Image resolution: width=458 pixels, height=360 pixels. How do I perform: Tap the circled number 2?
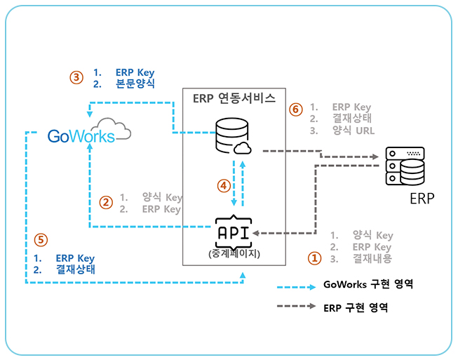click(106, 203)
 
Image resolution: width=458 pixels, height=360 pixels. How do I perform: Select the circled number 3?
click(77, 77)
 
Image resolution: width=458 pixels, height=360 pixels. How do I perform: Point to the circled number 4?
click(223, 186)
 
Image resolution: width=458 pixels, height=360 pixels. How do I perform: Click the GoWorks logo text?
click(81, 136)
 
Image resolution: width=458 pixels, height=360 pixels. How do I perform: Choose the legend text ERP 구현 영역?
click(356, 307)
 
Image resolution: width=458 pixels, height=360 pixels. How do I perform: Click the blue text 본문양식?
click(135, 84)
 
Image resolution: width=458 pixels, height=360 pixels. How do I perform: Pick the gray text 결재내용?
click(372, 258)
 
